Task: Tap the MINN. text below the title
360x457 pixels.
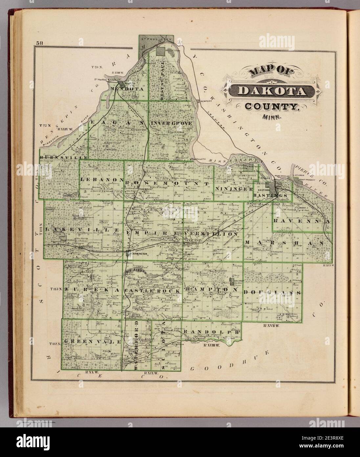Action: coord(269,116)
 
